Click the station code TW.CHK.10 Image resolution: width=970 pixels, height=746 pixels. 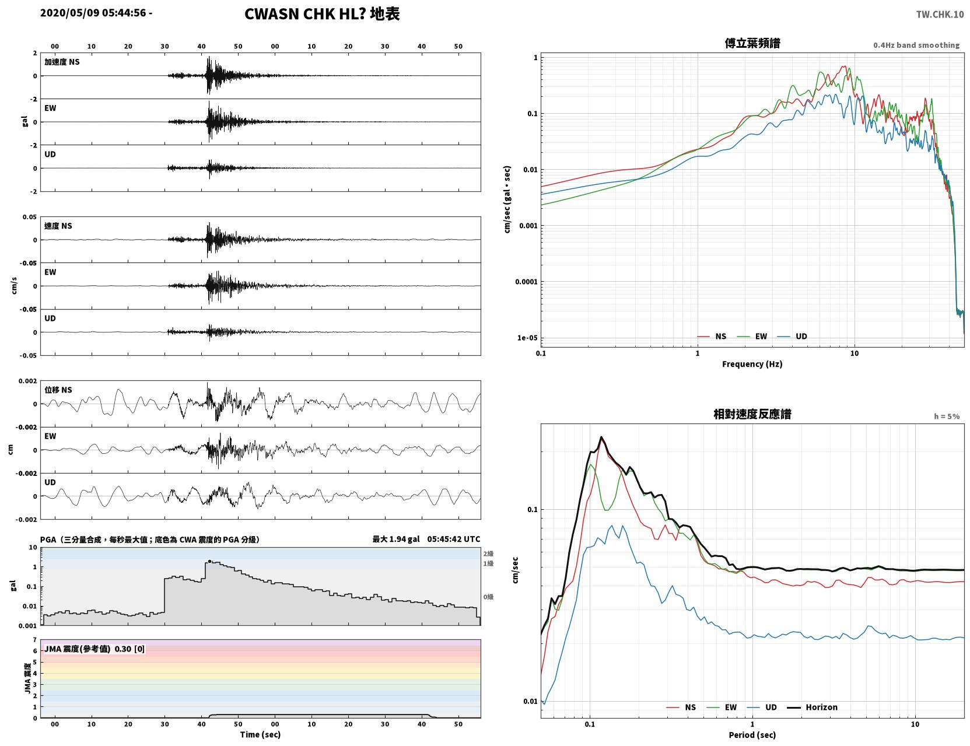(x=940, y=14)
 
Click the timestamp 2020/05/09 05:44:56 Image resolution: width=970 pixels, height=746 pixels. (x=93, y=12)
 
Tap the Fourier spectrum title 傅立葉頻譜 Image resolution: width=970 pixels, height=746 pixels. (x=752, y=43)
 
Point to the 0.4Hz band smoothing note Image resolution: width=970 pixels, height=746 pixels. (x=916, y=45)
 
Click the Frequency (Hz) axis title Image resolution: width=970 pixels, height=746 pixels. (x=752, y=364)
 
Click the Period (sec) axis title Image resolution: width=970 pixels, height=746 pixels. (x=752, y=735)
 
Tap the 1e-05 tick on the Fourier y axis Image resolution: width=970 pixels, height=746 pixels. (x=527, y=338)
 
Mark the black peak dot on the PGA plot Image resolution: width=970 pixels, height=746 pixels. (x=209, y=561)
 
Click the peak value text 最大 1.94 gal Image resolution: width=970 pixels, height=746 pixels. (x=396, y=539)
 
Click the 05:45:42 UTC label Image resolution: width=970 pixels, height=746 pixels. (x=454, y=539)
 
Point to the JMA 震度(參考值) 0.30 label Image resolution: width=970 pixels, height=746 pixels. (x=94, y=649)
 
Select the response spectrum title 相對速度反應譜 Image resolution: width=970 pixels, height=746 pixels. (x=752, y=414)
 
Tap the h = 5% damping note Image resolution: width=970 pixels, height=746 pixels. (x=946, y=416)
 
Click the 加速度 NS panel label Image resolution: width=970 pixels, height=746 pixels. (x=62, y=62)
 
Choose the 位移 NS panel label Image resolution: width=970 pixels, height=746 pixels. (x=58, y=390)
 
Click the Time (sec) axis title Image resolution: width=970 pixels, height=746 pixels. (x=260, y=734)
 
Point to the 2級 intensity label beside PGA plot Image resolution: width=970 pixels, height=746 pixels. (x=488, y=554)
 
